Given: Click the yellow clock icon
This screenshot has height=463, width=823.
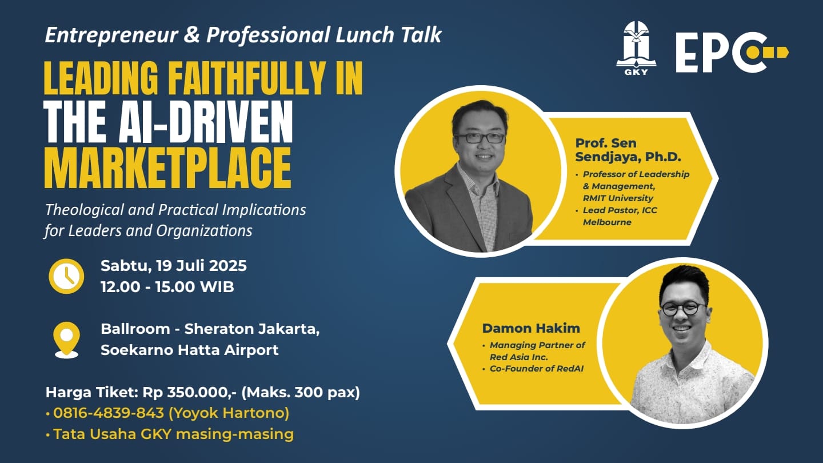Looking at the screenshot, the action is (66, 276).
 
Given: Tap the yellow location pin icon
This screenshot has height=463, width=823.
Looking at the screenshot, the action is (66, 340).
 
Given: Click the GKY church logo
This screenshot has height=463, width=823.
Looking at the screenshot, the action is (636, 48).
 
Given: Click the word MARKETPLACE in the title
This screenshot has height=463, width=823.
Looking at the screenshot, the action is (168, 168).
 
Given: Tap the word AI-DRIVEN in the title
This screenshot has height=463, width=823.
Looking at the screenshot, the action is (206, 122).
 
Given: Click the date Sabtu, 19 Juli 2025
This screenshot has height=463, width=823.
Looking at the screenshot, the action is (174, 266).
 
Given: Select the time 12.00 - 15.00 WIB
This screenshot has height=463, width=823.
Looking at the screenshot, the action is (167, 287).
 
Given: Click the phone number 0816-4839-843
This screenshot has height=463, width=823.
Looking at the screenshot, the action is (109, 413).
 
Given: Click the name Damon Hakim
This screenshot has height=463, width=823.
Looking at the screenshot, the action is (531, 328).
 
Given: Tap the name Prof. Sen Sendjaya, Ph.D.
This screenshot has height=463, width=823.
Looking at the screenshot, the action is (628, 150).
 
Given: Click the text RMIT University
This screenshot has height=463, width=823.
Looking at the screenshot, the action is (618, 198).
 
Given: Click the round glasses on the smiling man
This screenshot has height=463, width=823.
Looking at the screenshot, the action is (683, 309).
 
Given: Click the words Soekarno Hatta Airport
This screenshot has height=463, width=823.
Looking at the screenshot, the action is (190, 350).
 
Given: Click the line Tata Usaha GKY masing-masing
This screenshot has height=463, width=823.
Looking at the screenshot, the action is (173, 434).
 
